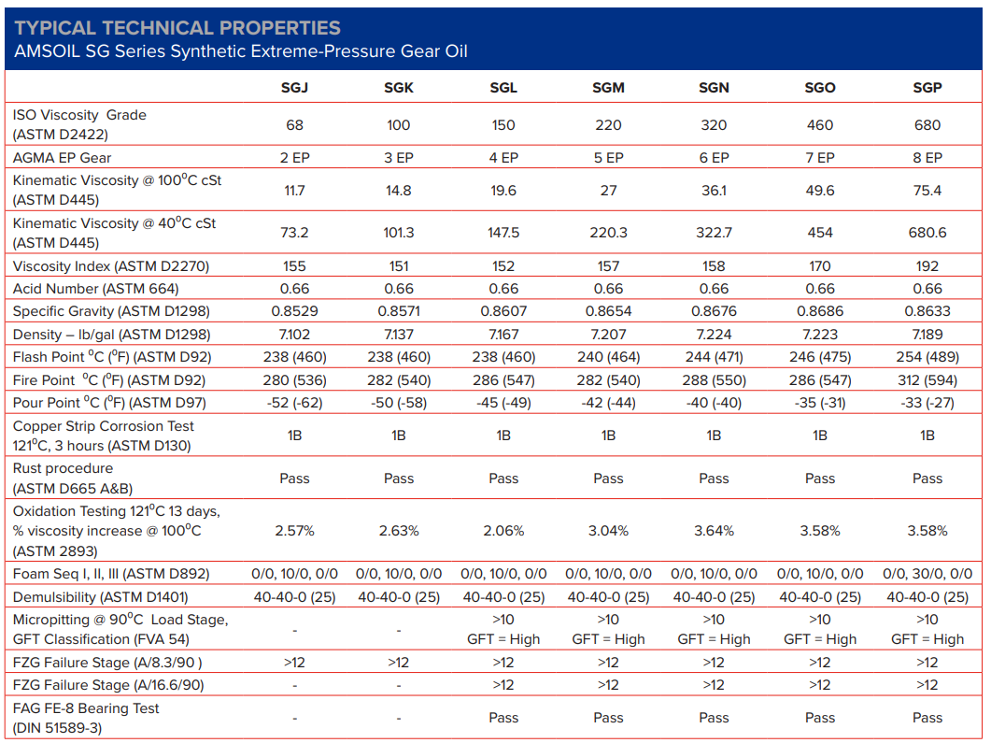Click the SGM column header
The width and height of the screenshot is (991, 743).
click(x=608, y=88)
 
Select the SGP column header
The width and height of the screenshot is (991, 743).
click(x=927, y=88)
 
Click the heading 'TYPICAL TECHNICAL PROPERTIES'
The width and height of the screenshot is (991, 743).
click(x=177, y=28)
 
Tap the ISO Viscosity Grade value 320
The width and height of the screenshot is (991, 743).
click(x=714, y=125)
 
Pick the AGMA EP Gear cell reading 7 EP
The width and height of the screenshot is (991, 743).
click(x=819, y=158)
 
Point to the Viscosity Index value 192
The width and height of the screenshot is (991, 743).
click(x=927, y=266)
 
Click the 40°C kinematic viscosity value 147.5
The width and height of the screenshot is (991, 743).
click(x=503, y=233)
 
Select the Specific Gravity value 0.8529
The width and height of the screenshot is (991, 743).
click(x=294, y=311)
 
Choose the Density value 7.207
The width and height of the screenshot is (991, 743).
click(x=608, y=335)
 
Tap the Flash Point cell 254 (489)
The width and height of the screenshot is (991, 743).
click(x=927, y=357)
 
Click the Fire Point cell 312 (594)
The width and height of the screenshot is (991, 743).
click(x=927, y=380)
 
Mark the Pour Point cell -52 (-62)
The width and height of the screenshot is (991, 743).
click(x=294, y=403)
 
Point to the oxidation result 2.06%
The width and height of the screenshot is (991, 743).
click(x=503, y=531)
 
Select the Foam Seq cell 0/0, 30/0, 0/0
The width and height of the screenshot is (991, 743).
click(x=927, y=574)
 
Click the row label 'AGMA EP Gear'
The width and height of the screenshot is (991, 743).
click(x=63, y=158)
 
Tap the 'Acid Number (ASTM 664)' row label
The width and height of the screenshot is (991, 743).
click(x=96, y=289)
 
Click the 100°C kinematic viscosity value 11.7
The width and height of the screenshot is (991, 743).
click(x=294, y=191)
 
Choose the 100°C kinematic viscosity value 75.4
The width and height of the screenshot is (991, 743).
click(x=927, y=191)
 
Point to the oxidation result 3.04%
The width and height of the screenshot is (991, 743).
click(x=608, y=531)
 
